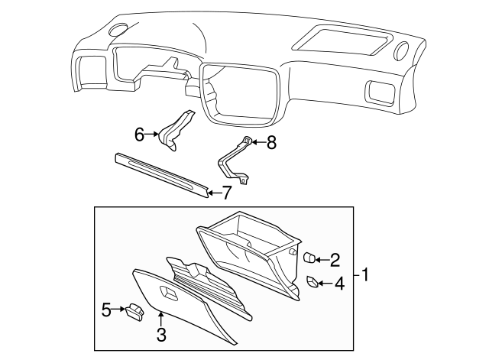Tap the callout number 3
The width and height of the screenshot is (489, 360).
(x=161, y=333)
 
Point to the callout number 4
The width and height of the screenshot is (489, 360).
(x=339, y=284)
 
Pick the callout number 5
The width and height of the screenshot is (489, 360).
(x=107, y=310)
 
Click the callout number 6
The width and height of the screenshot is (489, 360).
(x=139, y=135)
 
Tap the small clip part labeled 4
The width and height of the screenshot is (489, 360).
(x=313, y=283)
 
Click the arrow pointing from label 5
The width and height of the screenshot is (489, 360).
(x=119, y=310)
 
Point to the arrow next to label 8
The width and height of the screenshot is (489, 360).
(x=257, y=141)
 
